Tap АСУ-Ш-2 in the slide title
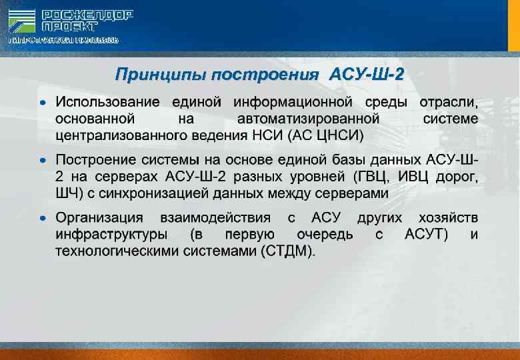(x=366, y=73)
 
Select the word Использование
(x=107, y=103)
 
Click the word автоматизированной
(x=308, y=119)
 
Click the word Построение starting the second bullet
(x=95, y=161)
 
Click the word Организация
(x=99, y=218)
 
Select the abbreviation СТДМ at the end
(x=287, y=251)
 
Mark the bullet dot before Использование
(x=43, y=103)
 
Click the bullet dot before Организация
(x=43, y=219)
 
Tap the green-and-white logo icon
(x=22, y=20)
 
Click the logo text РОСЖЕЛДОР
(x=87, y=14)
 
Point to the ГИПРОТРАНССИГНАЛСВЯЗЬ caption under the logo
(x=63, y=41)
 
